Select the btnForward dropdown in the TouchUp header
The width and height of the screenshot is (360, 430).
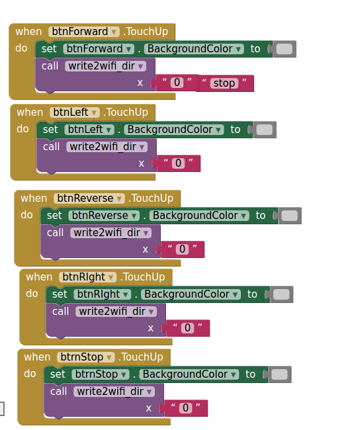tap(83, 32)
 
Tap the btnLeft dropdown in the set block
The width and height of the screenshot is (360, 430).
tap(89, 130)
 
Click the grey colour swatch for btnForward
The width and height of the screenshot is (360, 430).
tap(285, 49)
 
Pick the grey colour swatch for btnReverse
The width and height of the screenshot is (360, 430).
tap(289, 216)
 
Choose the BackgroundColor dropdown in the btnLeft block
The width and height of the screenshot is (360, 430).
tap(174, 130)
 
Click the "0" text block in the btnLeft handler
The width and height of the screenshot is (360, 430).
tap(179, 163)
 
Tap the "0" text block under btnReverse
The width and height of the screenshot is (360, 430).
tap(183, 249)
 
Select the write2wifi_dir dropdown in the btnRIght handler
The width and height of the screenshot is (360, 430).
tap(116, 312)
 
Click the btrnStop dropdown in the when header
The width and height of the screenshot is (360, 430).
tap(85, 357)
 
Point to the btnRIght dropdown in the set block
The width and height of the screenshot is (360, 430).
tap(103, 294)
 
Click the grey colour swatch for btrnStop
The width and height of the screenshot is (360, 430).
tap(279, 374)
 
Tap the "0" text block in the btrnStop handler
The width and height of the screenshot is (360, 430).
tap(186, 408)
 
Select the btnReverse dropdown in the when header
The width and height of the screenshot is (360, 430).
tap(89, 198)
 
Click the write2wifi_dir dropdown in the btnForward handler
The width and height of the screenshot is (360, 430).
tap(105, 66)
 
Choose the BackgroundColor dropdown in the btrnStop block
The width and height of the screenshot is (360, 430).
tap(189, 374)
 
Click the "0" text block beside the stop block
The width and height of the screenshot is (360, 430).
tap(177, 83)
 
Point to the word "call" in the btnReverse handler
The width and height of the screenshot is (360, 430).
tap(55, 233)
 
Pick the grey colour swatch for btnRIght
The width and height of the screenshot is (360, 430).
tap(281, 294)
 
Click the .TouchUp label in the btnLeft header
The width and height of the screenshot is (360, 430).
tap(126, 112)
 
